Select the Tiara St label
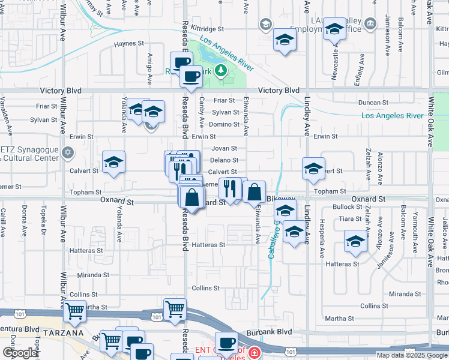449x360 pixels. pyautogui.click(x=349, y=219)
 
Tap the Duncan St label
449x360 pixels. pyautogui.click(x=372, y=103)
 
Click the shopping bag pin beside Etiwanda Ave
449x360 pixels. pyautogui.click(x=255, y=192)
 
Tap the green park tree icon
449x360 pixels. pyautogui.click(x=221, y=71)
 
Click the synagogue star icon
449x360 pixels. pyautogui.click(x=68, y=152)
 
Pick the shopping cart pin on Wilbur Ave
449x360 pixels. pyautogui.click(x=74, y=311)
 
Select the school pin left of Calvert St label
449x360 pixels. pyautogui.click(x=113, y=162)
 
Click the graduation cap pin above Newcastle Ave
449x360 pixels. pyautogui.click(x=334, y=28)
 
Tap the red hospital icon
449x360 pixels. pyautogui.click(x=255, y=352)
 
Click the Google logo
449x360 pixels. pyautogui.click(x=20, y=353)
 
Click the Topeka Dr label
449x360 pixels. pyautogui.click(x=43, y=221)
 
